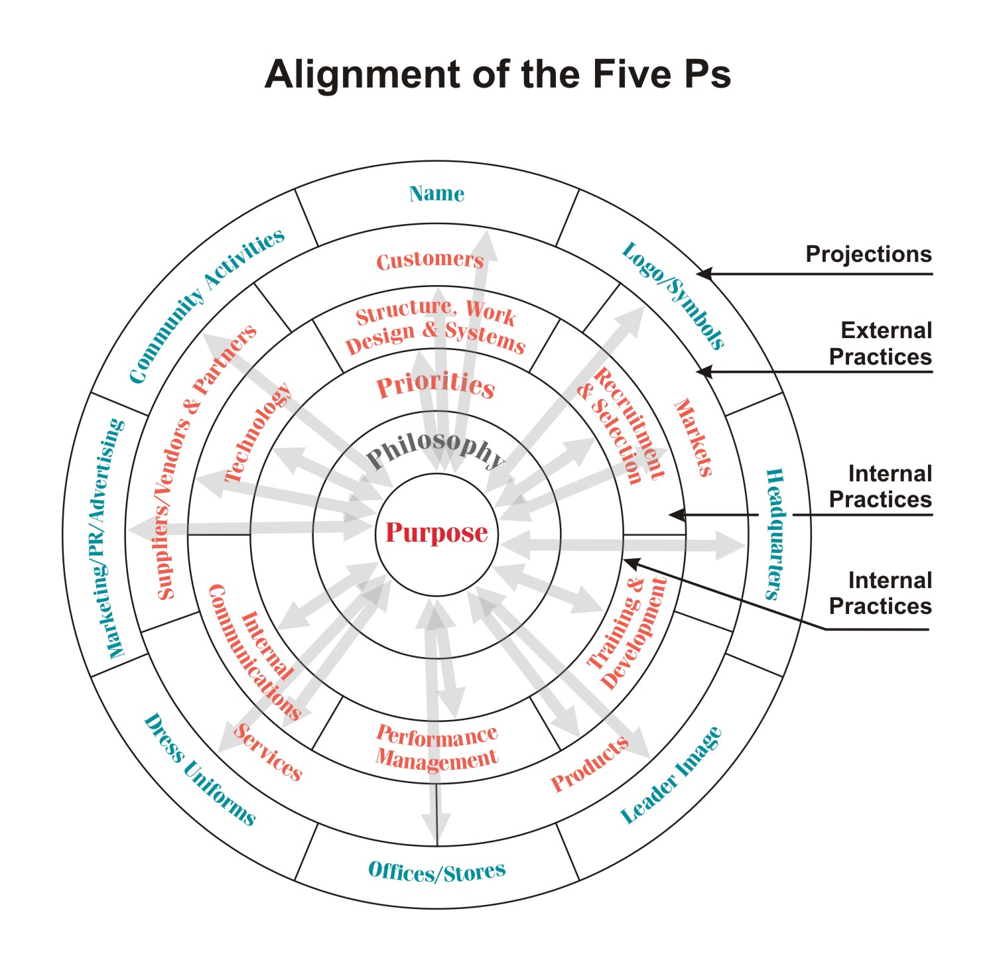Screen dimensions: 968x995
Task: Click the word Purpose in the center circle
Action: [436, 533]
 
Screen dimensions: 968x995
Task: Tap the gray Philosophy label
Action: [436, 450]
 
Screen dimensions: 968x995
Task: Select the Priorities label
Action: [436, 385]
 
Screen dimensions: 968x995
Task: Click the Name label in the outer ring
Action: [436, 194]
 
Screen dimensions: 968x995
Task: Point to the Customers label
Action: [430, 260]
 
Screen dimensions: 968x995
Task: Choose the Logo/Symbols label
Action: [673, 296]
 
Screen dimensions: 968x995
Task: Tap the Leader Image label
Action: [671, 775]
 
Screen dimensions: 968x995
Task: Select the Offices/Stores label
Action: [436, 871]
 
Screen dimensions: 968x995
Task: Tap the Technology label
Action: [259, 432]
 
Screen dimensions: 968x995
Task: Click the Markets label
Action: [693, 438]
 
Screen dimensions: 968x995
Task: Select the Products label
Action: [590, 763]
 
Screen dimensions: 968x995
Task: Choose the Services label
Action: [268, 752]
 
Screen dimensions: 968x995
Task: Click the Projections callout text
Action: [868, 254]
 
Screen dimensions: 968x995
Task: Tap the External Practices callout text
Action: [880, 343]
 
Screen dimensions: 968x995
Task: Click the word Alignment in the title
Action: [362, 74]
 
